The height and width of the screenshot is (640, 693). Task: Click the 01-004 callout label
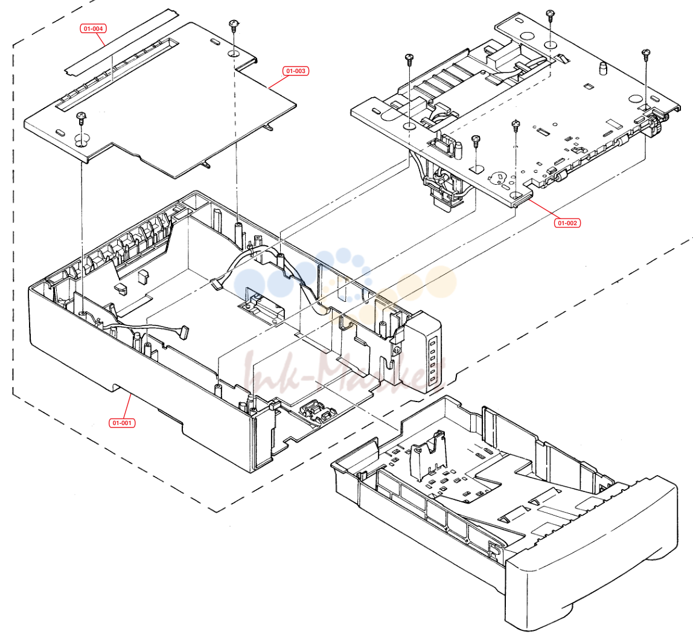pyautogui.click(x=93, y=29)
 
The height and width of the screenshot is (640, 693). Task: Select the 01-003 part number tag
pyautogui.click(x=296, y=71)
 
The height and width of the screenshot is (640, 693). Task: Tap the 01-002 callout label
pyautogui.click(x=567, y=223)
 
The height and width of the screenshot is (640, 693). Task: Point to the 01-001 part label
pyautogui.click(x=122, y=423)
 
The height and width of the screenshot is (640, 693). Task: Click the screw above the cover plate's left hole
pyautogui.click(x=81, y=118)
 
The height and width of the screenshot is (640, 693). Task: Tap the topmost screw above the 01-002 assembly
pyautogui.click(x=550, y=15)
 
